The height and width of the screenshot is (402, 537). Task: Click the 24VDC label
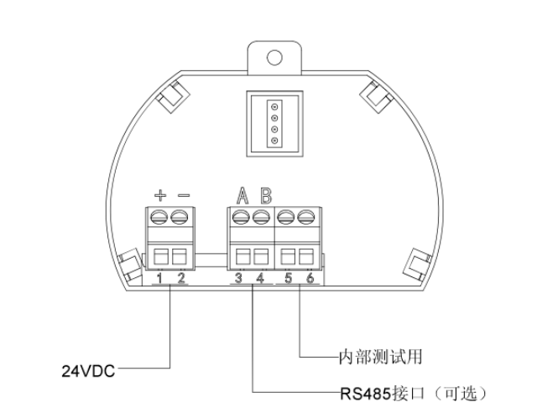click(x=88, y=371)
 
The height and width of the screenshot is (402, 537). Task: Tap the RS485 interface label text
click(x=414, y=394)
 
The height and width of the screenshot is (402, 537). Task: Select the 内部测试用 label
click(x=380, y=357)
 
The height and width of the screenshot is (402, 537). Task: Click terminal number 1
click(x=159, y=278)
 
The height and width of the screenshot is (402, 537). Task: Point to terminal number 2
click(x=181, y=278)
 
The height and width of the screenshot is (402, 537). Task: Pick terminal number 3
click(x=238, y=278)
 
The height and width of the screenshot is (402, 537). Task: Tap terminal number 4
click(x=261, y=278)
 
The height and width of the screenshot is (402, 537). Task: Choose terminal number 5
click(x=289, y=278)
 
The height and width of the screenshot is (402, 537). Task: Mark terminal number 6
click(x=310, y=278)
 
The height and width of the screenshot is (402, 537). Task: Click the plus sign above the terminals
click(x=160, y=195)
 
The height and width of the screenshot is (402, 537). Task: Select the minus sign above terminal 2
click(x=184, y=195)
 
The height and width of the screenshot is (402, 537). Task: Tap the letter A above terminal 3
click(x=242, y=195)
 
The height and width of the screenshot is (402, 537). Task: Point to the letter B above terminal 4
click(x=266, y=195)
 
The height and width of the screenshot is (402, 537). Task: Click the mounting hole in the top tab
click(x=274, y=58)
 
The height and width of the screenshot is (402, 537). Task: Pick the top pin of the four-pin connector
click(x=274, y=107)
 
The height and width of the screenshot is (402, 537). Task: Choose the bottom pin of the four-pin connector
click(x=274, y=141)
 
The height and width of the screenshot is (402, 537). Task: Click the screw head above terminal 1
click(x=159, y=218)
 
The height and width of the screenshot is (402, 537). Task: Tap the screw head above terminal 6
click(x=306, y=218)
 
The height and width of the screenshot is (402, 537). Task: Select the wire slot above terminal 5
click(x=288, y=256)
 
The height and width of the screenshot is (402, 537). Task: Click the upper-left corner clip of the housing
click(x=173, y=97)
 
